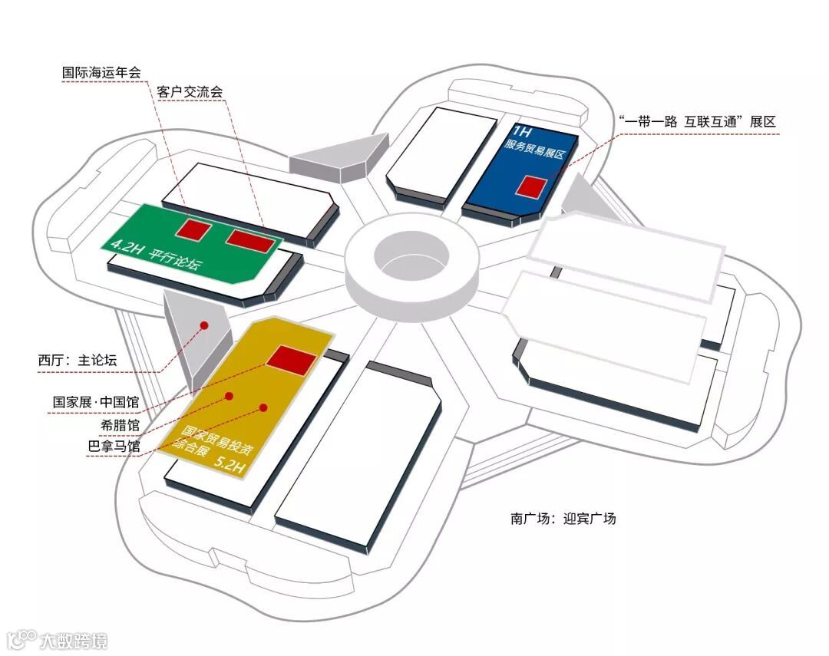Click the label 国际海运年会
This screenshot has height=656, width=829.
(x=102, y=73)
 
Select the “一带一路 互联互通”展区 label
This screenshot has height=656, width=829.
(x=697, y=121)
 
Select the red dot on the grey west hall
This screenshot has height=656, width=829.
(x=204, y=325)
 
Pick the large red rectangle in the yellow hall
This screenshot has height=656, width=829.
(x=292, y=359)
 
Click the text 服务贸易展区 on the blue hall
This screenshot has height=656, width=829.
(x=534, y=151)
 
